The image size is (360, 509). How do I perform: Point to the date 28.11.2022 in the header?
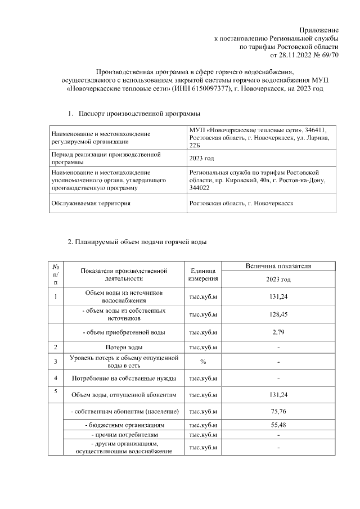click(300, 56)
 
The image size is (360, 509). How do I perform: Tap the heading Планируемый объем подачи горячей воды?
click(137, 242)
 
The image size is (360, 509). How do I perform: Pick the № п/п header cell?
click(56, 275)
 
